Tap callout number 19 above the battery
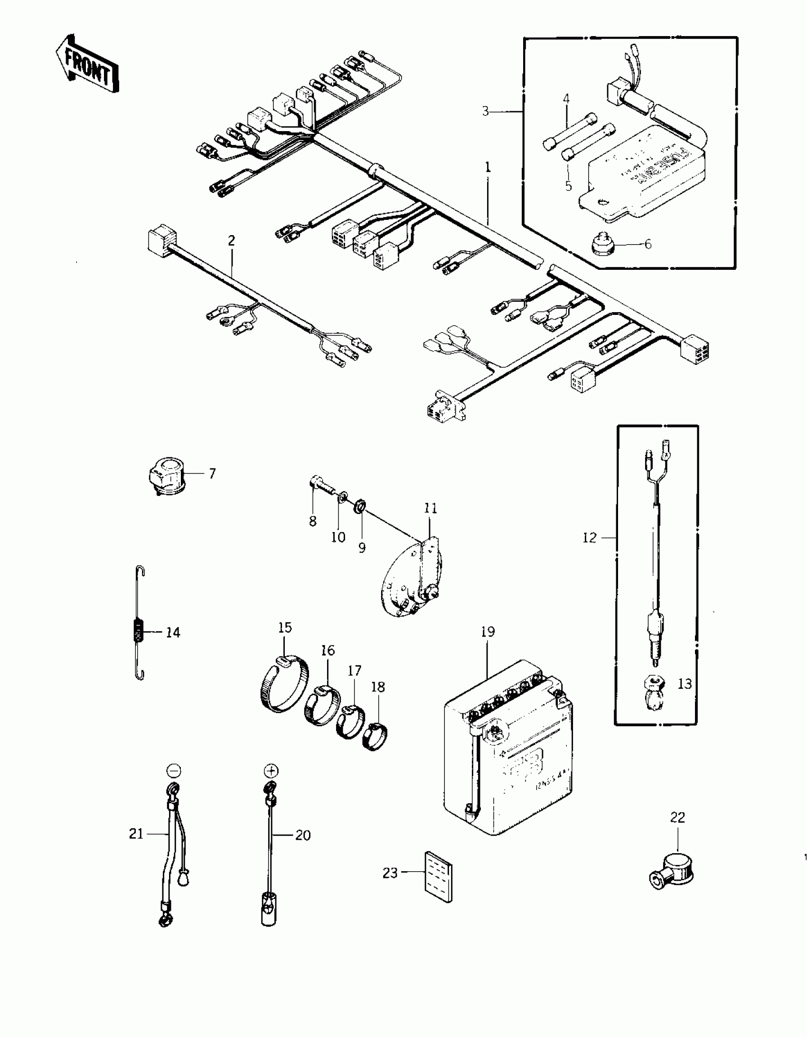tap(488, 632)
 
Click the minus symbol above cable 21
tap(174, 770)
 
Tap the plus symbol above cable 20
tap(271, 770)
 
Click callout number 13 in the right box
tap(685, 684)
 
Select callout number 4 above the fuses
tap(566, 99)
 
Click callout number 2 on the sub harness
tap(231, 240)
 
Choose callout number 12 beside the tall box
tap(589, 538)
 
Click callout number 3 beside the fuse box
tap(485, 111)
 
